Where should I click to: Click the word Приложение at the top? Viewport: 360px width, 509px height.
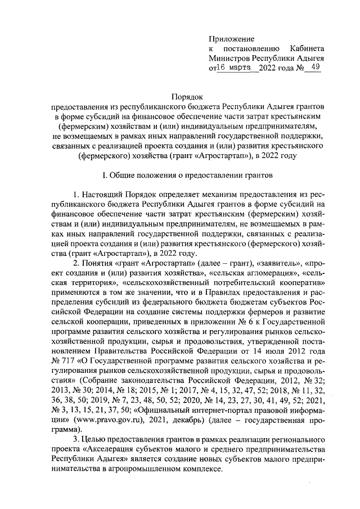click(x=232, y=39)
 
